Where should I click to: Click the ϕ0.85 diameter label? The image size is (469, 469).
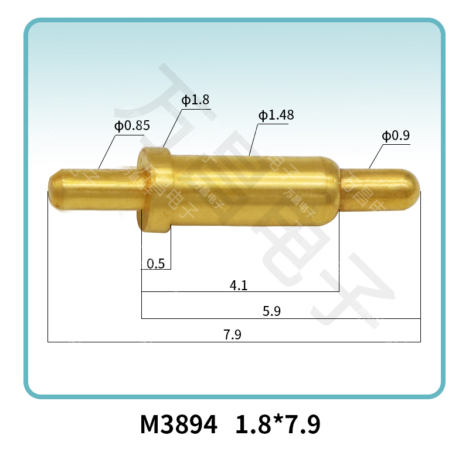click(132, 125)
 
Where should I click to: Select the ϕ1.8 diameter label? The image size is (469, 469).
click(195, 100)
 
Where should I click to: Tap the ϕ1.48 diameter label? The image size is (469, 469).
click(276, 115)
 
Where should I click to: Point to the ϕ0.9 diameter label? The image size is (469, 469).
click(396, 136)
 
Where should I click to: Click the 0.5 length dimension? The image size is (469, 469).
click(155, 264)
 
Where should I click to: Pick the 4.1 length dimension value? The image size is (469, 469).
click(239, 286)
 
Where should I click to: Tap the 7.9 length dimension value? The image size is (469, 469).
click(233, 335)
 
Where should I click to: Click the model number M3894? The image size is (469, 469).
click(178, 424)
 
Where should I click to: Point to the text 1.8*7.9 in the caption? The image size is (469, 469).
click(278, 424)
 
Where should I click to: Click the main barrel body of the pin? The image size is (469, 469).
click(246, 191)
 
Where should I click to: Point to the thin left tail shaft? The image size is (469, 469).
click(100, 189)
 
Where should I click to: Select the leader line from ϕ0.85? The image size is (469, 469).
click(107, 152)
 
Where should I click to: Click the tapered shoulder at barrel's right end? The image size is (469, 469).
click(332, 191)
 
